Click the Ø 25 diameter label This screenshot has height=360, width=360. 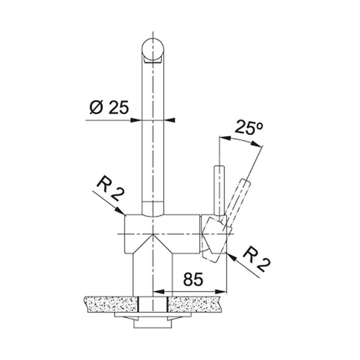tap(109, 107)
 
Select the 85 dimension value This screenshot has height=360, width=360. tap(193, 279)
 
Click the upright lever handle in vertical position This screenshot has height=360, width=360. tap(219, 190)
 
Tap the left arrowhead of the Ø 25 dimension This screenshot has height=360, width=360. tap(135, 120)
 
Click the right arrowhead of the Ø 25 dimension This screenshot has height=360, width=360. tap(170, 120)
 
